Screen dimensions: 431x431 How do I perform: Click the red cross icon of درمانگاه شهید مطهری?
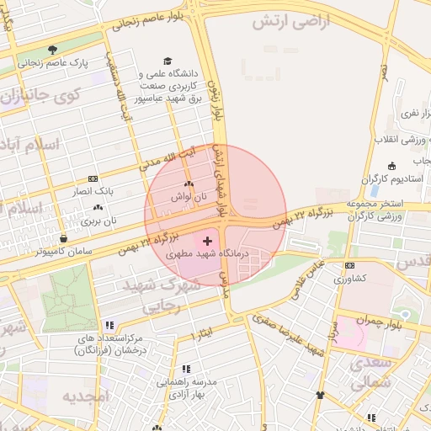(x=208, y=242)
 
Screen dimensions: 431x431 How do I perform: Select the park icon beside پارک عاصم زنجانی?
(x=54, y=50)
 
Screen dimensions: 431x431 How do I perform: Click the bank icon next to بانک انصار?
(x=93, y=178)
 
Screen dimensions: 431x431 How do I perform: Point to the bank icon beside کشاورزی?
(x=349, y=265)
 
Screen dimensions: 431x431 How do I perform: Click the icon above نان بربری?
(x=98, y=207)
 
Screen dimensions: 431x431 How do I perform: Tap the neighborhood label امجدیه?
(x=86, y=396)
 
